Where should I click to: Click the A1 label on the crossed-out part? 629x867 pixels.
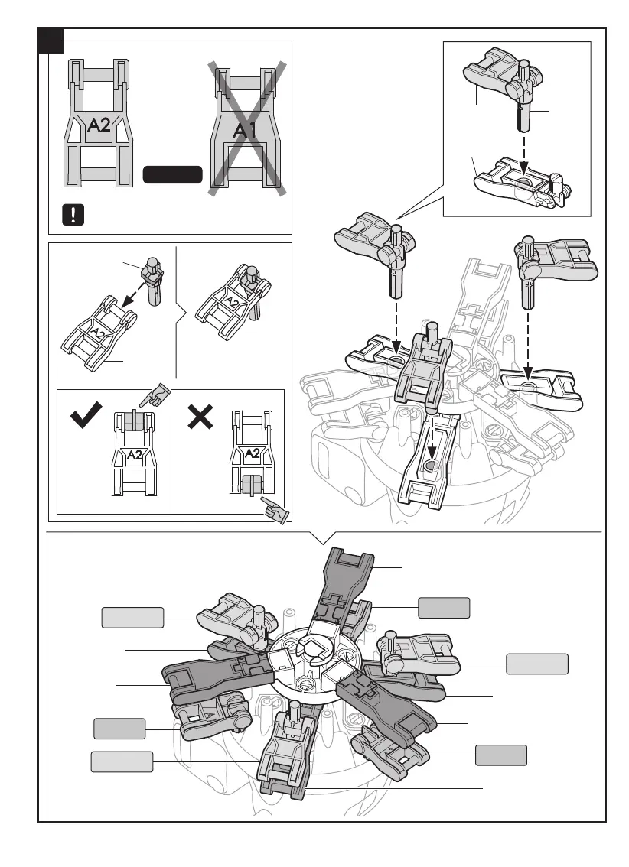coord(246,130)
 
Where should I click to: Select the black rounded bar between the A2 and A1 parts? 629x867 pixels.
coord(172,175)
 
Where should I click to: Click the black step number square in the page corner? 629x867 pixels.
coord(51,40)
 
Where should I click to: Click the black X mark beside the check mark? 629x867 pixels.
coord(200,417)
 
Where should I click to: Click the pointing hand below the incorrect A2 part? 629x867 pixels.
coord(273,510)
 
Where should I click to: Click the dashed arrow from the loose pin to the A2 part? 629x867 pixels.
coord(140,302)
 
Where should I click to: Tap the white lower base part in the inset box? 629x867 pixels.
coord(521,184)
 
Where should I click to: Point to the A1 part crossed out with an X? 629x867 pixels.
coord(246,126)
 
